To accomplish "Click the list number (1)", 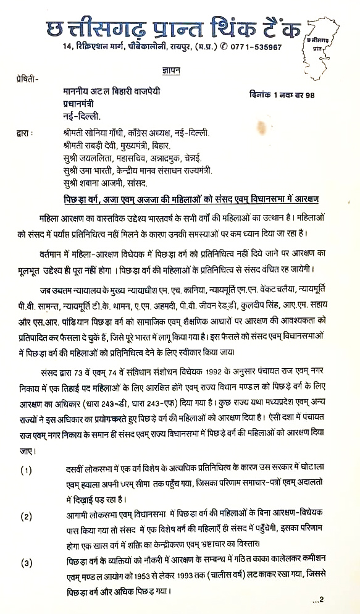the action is [x=26, y=471].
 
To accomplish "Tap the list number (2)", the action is [x=26, y=515].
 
